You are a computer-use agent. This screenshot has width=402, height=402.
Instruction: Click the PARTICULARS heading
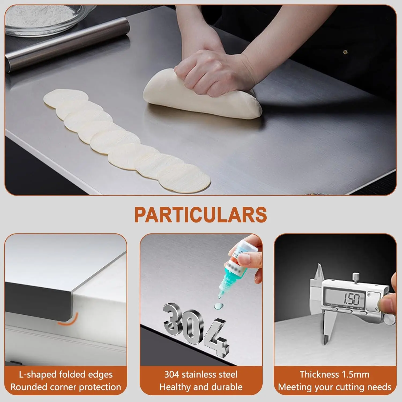point(200,214)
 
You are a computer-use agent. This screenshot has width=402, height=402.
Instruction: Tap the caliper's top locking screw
point(356,276)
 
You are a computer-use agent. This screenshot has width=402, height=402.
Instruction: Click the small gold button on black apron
point(345,52)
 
